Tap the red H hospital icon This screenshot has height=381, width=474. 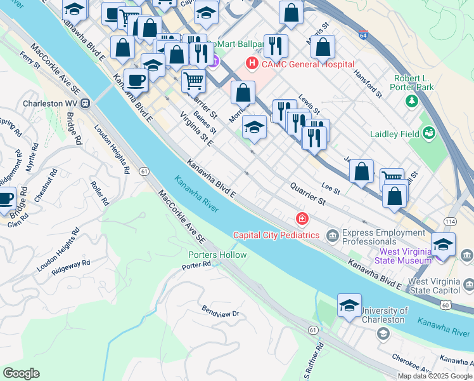point(252,63)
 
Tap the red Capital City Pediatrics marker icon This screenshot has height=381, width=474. point(302,220)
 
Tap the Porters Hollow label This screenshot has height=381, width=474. point(217,255)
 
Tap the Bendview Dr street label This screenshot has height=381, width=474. point(221,312)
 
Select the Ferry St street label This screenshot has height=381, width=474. point(30,60)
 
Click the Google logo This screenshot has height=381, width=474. point(21,373)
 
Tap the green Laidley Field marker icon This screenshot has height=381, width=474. point(430,133)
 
